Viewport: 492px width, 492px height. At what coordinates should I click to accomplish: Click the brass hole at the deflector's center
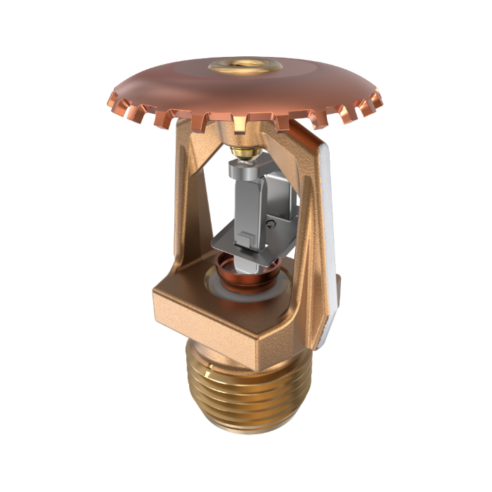(x=245, y=67)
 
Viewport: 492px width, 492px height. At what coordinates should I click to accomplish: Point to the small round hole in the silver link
(x=271, y=224)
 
